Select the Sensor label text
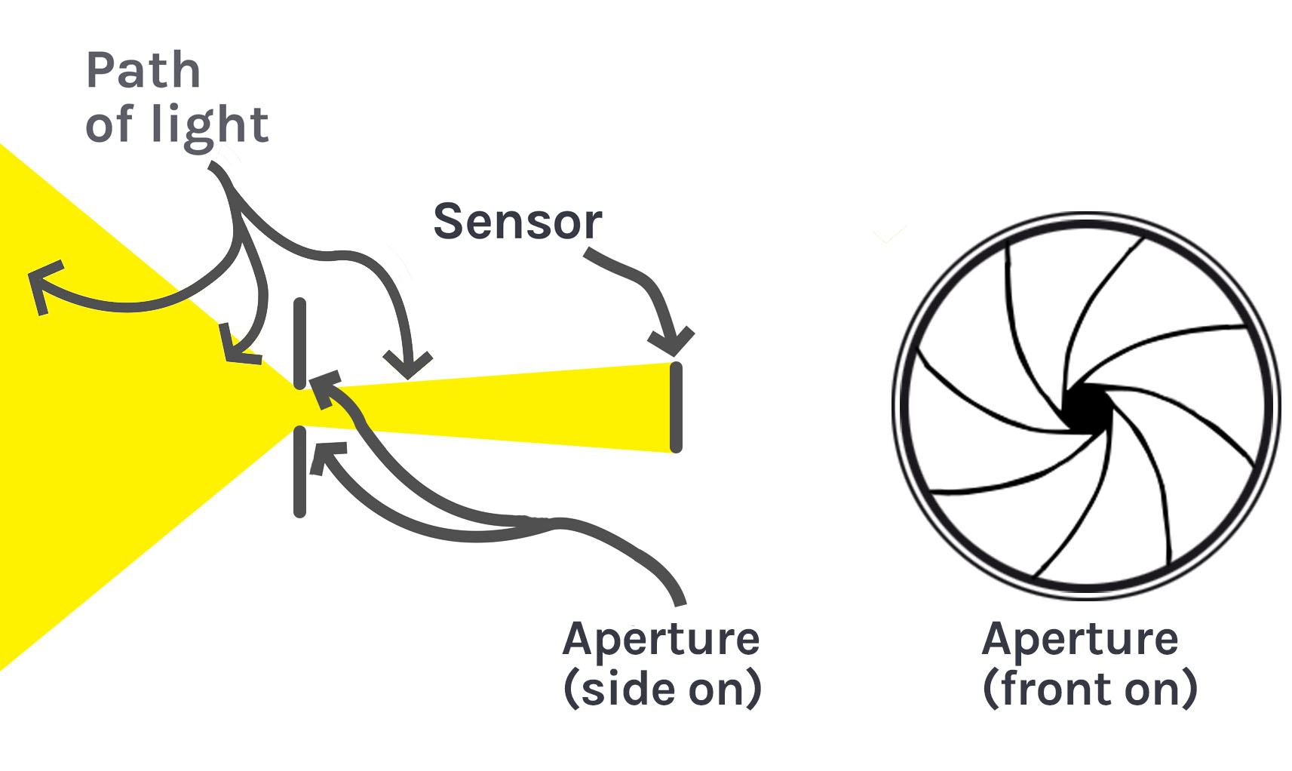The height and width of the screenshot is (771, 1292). tap(517, 222)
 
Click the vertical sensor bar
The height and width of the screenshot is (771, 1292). tap(676, 407)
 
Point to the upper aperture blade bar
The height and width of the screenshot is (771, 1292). tap(300, 343)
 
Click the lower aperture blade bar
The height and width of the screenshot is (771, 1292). tap(300, 472)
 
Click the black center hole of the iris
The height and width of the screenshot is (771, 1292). tap(1086, 408)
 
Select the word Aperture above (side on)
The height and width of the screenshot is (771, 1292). tap(661, 640)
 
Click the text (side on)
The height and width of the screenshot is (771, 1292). tap(662, 688)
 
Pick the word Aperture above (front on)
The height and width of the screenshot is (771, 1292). tap(1080, 640)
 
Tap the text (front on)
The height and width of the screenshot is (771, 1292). tap(1090, 688)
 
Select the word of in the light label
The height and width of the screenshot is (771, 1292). tap(109, 124)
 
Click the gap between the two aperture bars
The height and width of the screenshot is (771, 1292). tap(300, 408)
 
